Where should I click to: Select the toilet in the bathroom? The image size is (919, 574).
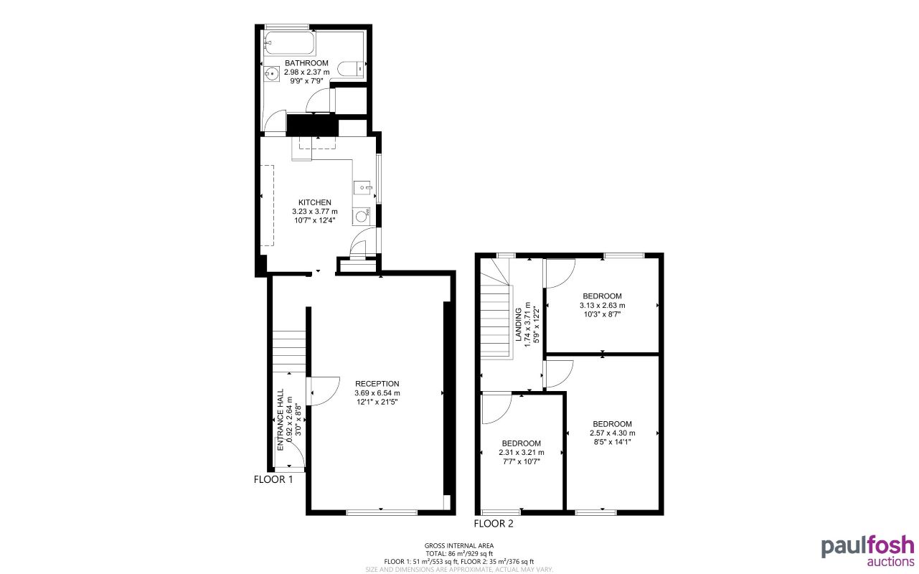click(x=352, y=68)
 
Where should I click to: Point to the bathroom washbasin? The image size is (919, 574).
click(x=272, y=74)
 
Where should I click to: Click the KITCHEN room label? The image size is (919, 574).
click(x=315, y=202)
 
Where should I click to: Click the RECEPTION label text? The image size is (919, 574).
click(x=377, y=383)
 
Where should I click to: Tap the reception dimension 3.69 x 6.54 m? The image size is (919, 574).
click(x=377, y=392)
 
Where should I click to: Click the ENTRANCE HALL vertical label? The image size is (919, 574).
click(x=281, y=420)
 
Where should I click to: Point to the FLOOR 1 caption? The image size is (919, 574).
click(x=273, y=479)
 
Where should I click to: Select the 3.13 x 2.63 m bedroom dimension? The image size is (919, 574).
click(x=602, y=305)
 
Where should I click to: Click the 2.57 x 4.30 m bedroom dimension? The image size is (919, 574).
click(x=612, y=433)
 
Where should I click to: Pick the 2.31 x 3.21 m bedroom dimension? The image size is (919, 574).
click(x=521, y=452)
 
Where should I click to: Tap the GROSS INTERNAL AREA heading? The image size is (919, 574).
click(x=459, y=546)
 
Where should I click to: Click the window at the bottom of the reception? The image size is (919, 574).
click(x=382, y=512)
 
